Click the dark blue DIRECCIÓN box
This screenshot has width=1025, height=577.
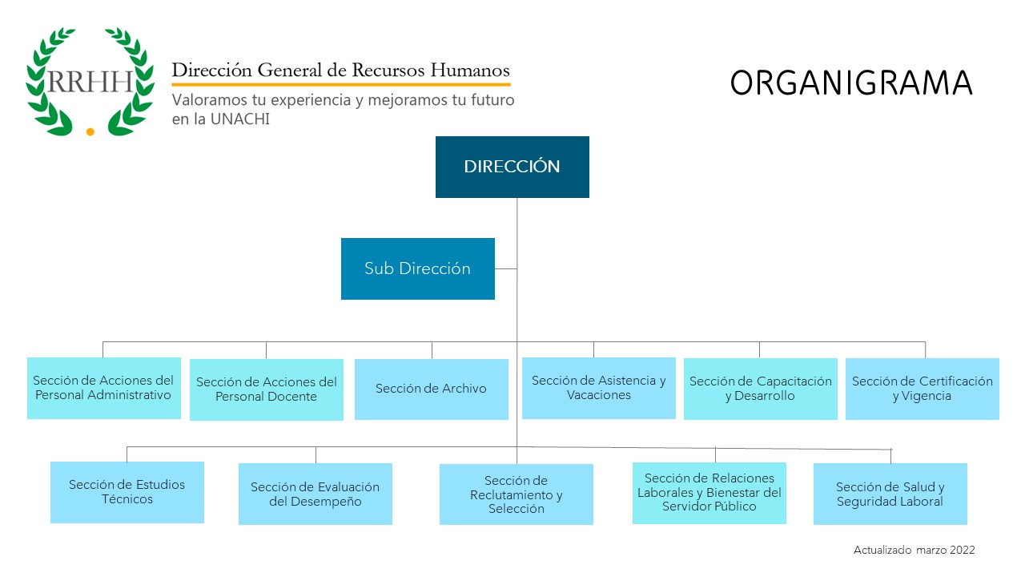(x=512, y=167)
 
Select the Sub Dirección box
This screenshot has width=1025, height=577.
(x=418, y=268)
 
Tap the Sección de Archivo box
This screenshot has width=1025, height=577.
(x=432, y=389)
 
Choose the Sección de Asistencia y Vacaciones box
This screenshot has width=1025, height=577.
(x=598, y=388)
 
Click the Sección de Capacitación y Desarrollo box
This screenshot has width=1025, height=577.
(x=761, y=389)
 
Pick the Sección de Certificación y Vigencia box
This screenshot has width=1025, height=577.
(x=922, y=389)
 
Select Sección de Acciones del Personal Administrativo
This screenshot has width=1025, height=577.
(x=104, y=388)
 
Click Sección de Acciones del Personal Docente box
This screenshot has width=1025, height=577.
(x=267, y=389)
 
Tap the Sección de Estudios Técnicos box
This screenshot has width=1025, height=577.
(x=127, y=492)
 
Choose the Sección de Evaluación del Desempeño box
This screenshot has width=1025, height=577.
(x=316, y=494)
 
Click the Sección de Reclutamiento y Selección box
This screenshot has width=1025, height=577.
(x=517, y=494)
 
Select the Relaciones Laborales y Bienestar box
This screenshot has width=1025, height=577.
(x=709, y=493)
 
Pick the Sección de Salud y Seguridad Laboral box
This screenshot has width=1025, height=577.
(x=890, y=494)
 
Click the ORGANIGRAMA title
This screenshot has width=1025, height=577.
(x=851, y=83)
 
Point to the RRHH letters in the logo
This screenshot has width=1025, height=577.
(x=90, y=82)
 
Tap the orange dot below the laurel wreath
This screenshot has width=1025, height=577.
(x=90, y=132)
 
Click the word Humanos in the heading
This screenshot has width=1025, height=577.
(x=469, y=70)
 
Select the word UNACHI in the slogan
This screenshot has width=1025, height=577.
(x=239, y=119)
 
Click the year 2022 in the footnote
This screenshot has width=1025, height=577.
(x=963, y=550)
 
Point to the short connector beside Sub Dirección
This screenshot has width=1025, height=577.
(x=505, y=268)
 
